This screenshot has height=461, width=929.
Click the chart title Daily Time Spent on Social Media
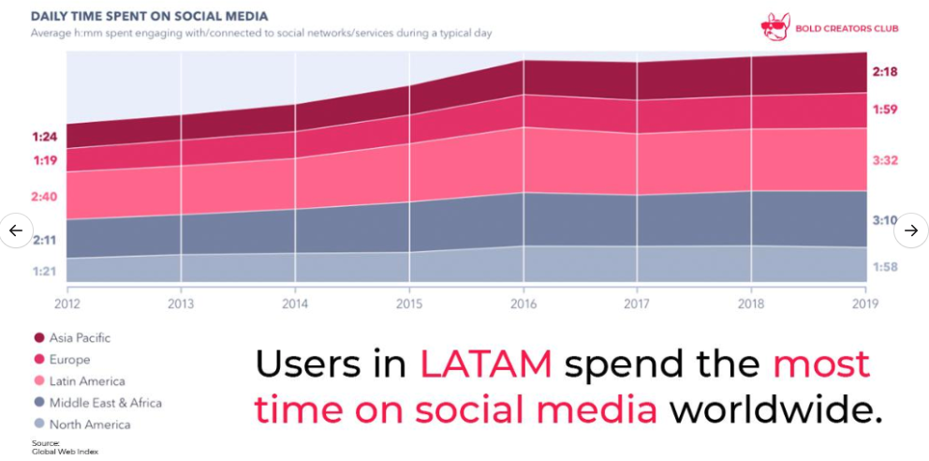tap(149, 16)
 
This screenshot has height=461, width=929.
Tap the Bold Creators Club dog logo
tap(775, 27)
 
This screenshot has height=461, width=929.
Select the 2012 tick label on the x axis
tap(67, 304)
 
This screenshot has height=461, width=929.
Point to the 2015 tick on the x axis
tap(409, 304)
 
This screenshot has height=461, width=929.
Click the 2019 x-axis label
tap(865, 304)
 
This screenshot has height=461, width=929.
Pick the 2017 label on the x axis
tap(637, 304)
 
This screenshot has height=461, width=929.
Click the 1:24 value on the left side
tap(45, 137)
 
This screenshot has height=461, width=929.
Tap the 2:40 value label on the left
tap(45, 197)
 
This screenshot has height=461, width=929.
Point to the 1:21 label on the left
tap(45, 272)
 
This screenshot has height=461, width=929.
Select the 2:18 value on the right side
tap(885, 71)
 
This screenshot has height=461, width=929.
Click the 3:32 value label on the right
tap(885, 160)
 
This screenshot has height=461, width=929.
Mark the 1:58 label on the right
tap(885, 267)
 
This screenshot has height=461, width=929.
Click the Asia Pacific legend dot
tap(39, 338)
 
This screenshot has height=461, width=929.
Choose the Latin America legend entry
tap(86, 381)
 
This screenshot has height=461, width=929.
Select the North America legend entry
tap(89, 424)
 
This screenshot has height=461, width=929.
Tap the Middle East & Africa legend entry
tap(105, 403)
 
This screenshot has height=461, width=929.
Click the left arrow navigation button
tap(16, 230)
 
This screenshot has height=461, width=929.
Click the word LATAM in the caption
tap(485, 364)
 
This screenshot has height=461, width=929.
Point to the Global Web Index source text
tap(65, 452)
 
